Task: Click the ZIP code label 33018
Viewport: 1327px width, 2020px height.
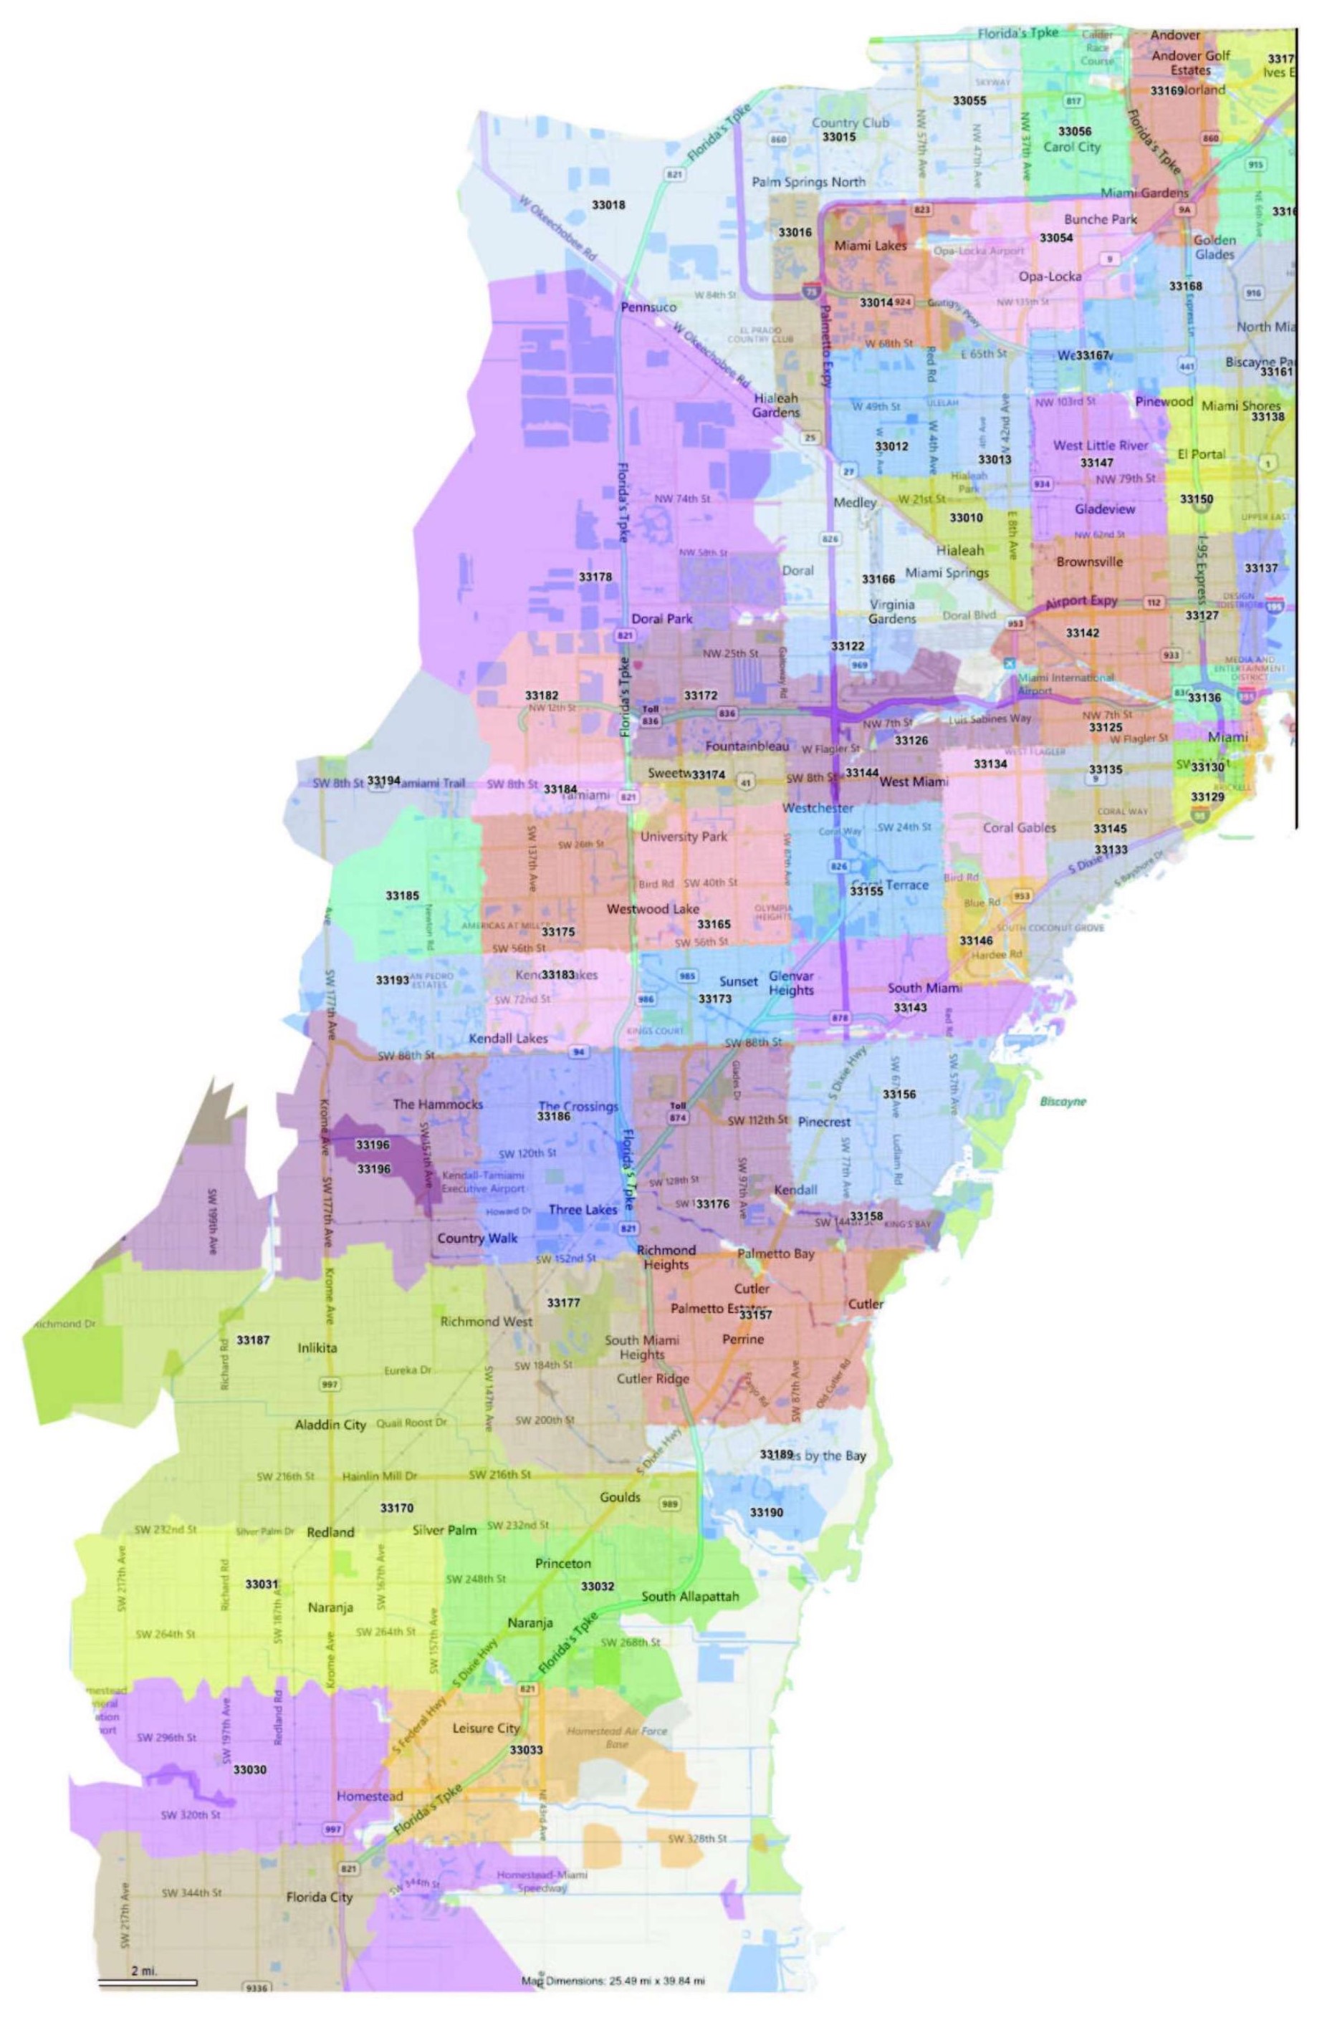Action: point(608,205)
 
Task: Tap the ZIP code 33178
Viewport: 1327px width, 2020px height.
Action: point(595,577)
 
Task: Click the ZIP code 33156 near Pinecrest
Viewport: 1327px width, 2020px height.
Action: point(899,1094)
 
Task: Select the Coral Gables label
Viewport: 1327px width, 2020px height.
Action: point(1019,827)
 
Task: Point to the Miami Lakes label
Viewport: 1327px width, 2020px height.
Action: point(871,245)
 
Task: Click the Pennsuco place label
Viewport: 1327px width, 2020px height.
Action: point(648,307)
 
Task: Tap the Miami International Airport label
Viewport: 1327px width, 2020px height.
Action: point(1065,683)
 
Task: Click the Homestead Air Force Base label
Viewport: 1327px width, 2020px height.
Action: point(617,1736)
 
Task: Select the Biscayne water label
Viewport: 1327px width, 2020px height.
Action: point(1063,1102)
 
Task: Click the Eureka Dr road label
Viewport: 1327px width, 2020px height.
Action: point(408,1370)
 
